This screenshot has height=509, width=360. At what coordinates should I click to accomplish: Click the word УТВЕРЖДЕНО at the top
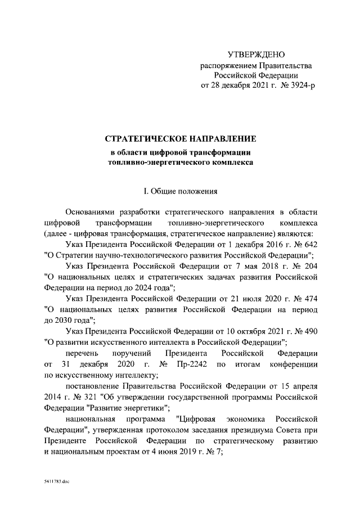point(256,55)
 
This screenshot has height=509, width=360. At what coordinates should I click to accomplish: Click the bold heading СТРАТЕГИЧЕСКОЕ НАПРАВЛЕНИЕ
point(181,138)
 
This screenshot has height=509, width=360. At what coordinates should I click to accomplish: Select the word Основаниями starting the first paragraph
point(91,213)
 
